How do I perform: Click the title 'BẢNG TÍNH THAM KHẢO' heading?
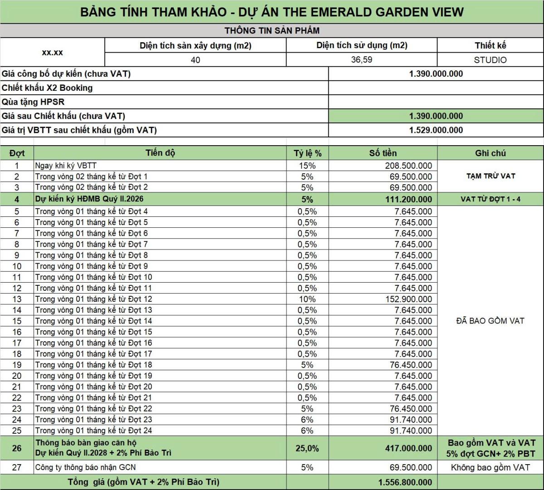(272, 12)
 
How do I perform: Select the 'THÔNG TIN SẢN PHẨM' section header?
(272, 31)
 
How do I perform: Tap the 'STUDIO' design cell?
(490, 60)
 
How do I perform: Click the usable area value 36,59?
(361, 60)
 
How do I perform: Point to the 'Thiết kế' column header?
(490, 45)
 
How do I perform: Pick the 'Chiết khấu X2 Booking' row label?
(47, 88)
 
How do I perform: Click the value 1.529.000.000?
(436, 130)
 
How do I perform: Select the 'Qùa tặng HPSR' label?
(33, 102)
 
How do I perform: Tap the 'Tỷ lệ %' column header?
(307, 153)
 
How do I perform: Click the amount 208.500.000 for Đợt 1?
(408, 166)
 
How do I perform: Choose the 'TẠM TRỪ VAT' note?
(491, 176)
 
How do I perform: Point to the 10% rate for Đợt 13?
(307, 299)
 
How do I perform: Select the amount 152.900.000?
(408, 299)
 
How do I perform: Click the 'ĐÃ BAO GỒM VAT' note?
(490, 321)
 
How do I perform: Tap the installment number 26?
(17, 448)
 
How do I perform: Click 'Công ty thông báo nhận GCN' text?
(85, 467)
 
